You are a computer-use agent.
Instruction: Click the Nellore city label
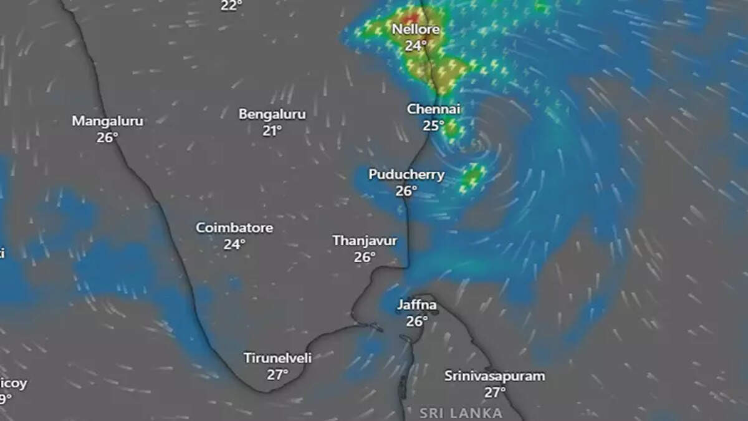416,29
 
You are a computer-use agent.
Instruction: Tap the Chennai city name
433,109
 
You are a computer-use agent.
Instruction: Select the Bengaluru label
272,114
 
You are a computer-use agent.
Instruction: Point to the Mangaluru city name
107,121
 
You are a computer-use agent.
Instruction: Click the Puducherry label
406,175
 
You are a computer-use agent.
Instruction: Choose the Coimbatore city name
234,228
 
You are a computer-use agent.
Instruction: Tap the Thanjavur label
365,241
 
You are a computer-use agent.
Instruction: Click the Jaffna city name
417,306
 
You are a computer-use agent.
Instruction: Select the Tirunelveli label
278,359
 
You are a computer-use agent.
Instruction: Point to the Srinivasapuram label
495,376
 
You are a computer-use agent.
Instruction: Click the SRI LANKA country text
461,413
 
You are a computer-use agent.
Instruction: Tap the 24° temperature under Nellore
416,46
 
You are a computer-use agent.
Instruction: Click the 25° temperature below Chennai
433,125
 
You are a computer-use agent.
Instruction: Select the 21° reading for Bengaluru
272,130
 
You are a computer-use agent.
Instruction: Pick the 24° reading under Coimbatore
234,244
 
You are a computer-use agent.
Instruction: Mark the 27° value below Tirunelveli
278,375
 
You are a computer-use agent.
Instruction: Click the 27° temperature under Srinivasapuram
495,392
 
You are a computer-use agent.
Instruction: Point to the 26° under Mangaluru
107,137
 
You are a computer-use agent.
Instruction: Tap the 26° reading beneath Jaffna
417,322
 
